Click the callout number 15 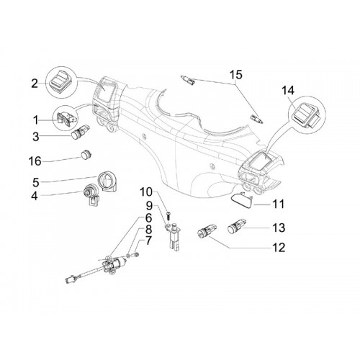pyautogui.click(x=236, y=75)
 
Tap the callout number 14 pyautogui.click(x=288, y=91)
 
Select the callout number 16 pyautogui.click(x=35, y=161)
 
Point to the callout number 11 pyautogui.click(x=279, y=204)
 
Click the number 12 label pyautogui.click(x=279, y=247)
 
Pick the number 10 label pyautogui.click(x=149, y=192)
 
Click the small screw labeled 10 pyautogui.click(x=168, y=214)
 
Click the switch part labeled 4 pyautogui.click(x=91, y=196)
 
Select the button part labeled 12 pyautogui.click(x=207, y=230)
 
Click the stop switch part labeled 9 pyautogui.click(x=173, y=236)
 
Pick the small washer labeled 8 pyautogui.click(x=130, y=256)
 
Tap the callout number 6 pyautogui.click(x=148, y=217)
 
